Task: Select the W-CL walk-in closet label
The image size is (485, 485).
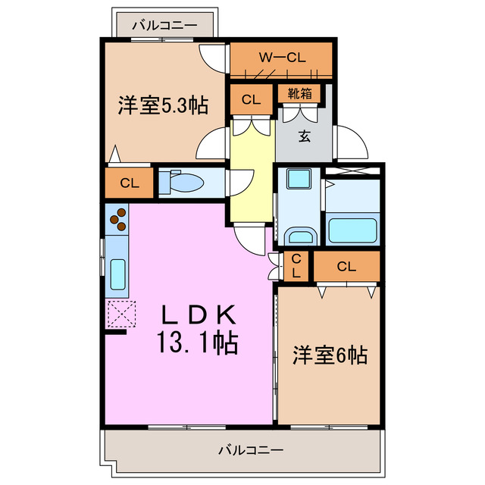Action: [x=281, y=56]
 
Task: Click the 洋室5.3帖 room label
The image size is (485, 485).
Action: [x=163, y=106]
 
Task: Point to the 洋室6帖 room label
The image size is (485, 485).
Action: [x=330, y=355]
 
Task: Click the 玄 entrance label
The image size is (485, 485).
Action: [x=303, y=136]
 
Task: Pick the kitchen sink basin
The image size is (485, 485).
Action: [x=117, y=274]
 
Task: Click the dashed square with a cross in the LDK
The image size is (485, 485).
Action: [x=120, y=313]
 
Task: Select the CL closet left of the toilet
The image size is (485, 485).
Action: [x=129, y=183]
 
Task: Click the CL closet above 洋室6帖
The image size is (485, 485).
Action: [x=346, y=266]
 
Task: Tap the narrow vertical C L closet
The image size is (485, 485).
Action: [x=296, y=266]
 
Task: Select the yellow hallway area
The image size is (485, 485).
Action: [x=251, y=174]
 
